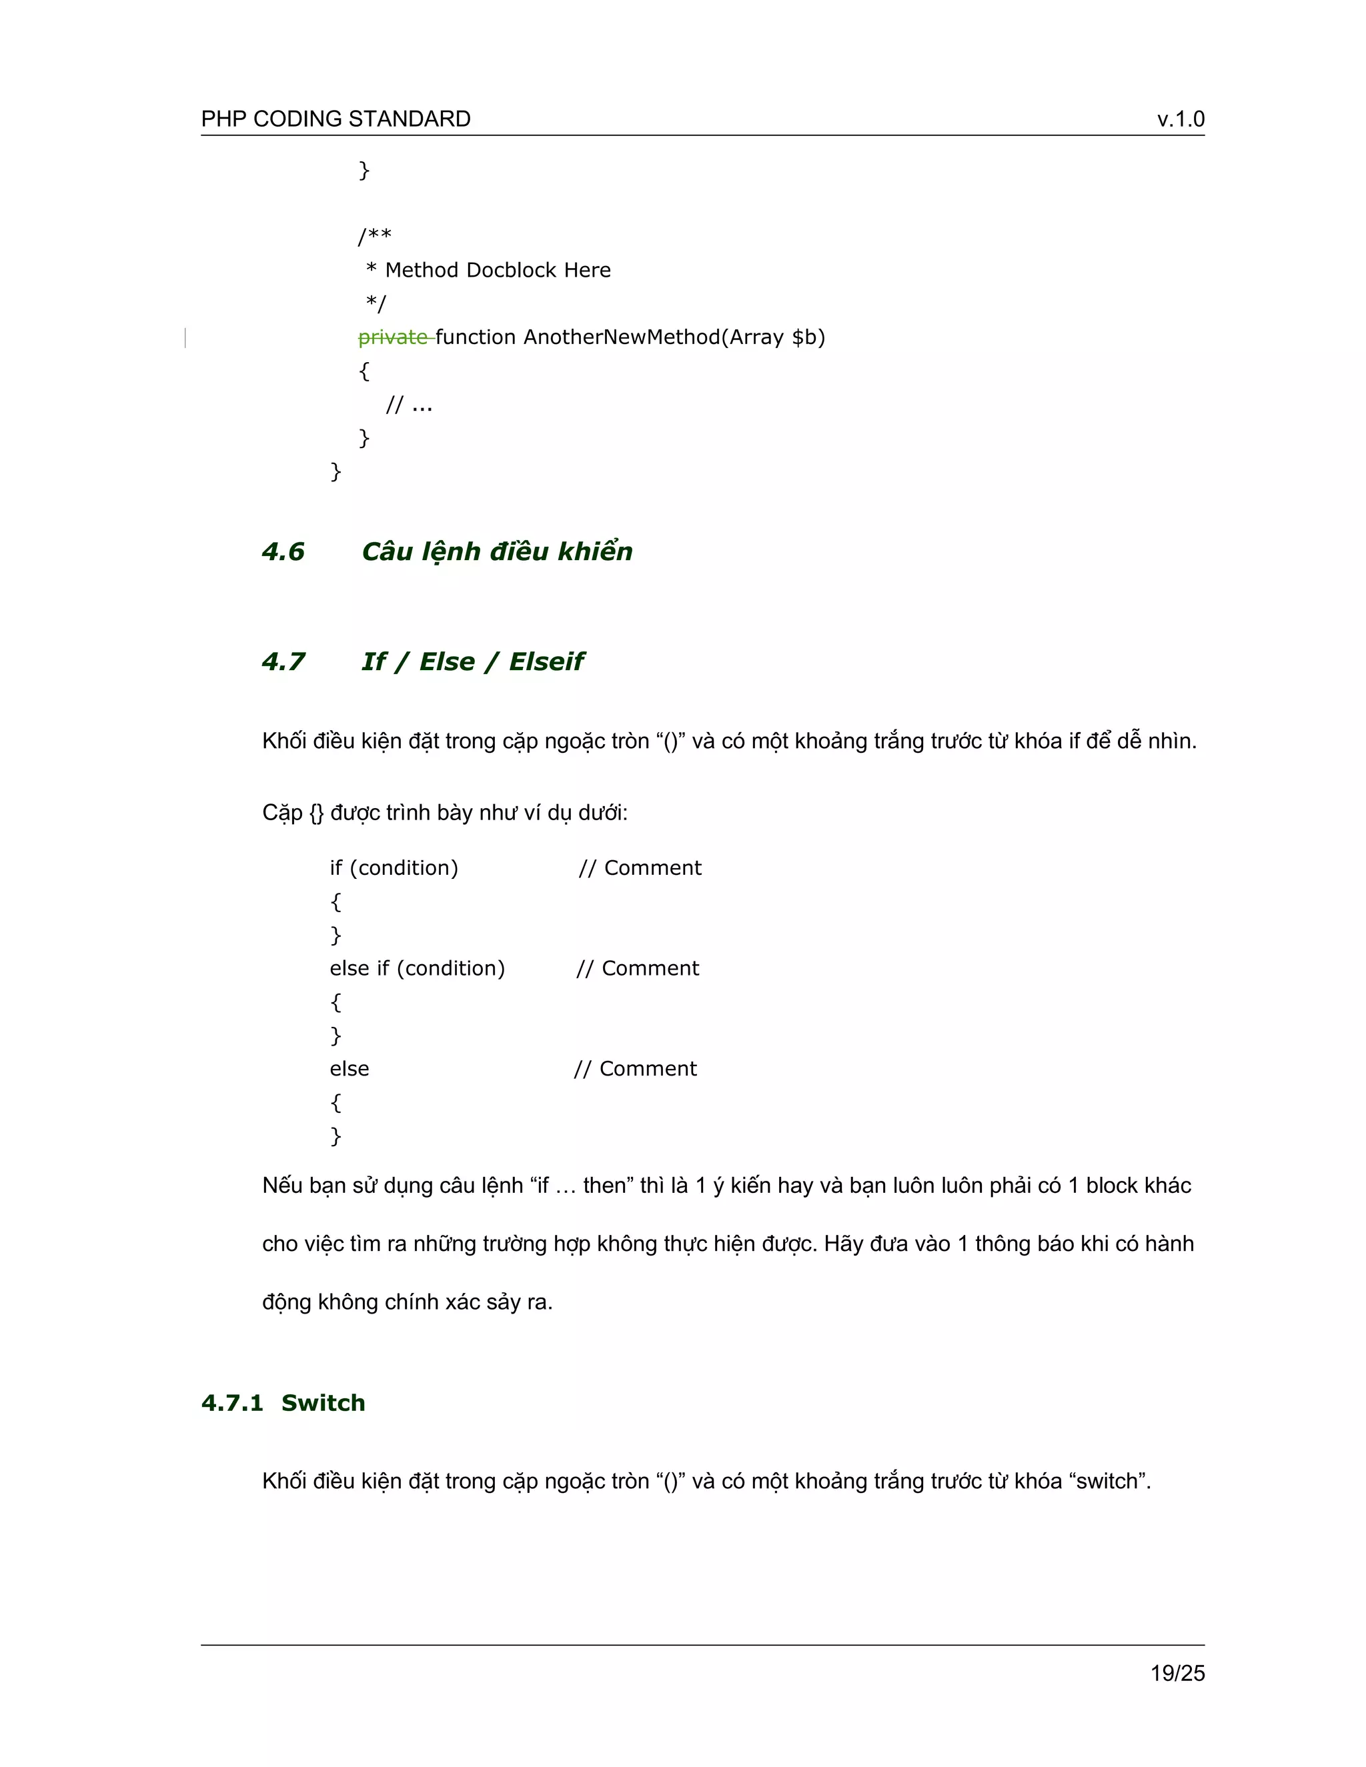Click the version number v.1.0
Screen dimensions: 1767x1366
point(1180,119)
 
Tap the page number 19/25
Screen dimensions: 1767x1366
point(1177,1673)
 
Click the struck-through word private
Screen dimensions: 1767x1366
point(394,337)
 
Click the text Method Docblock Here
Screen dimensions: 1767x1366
point(498,270)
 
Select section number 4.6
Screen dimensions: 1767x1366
point(283,552)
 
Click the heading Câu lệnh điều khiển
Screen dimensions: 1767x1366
point(497,552)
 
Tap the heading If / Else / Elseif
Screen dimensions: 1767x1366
point(473,662)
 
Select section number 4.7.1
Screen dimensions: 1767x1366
point(232,1403)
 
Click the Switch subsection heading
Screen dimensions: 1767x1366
point(323,1403)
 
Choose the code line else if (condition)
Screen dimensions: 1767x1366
point(417,968)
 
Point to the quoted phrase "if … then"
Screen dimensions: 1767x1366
point(582,1186)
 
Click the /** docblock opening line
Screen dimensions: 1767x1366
point(375,236)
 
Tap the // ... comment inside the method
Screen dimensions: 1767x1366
point(410,405)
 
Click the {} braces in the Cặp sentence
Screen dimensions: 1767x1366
point(316,813)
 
